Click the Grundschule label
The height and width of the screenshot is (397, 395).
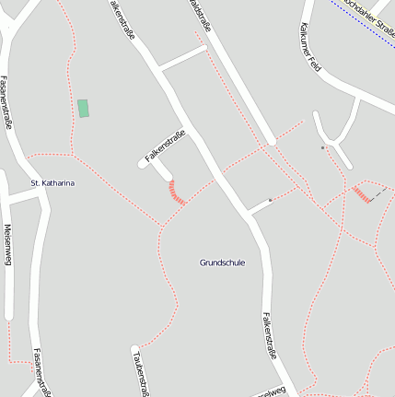pyautogui.click(x=222, y=263)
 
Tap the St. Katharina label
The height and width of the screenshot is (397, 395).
pyautogui.click(x=52, y=183)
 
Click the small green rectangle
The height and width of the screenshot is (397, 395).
pyautogui.click(x=83, y=108)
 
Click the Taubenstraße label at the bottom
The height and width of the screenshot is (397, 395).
pyautogui.click(x=140, y=372)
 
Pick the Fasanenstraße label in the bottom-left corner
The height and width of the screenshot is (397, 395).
pyautogui.click(x=41, y=369)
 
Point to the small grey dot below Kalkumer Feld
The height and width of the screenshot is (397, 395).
pyautogui.click(x=322, y=147)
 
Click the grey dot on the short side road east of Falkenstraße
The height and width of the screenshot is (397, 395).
pyautogui.click(x=270, y=200)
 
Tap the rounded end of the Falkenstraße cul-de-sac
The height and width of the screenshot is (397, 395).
pyautogui.click(x=144, y=163)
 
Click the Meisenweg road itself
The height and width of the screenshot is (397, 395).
pyautogui.click(x=8, y=276)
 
